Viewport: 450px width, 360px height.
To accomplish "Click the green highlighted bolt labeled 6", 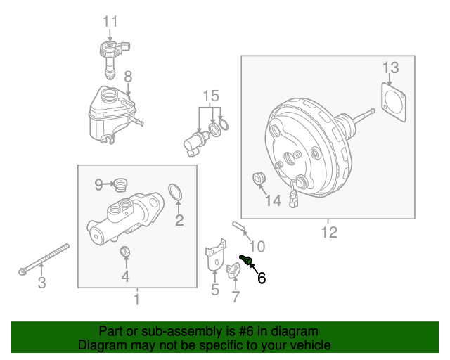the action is pyautogui.click(x=245, y=259).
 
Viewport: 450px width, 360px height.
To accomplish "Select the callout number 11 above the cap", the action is pyautogui.click(x=110, y=22).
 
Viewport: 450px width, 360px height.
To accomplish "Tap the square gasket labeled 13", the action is pyautogui.click(x=394, y=102).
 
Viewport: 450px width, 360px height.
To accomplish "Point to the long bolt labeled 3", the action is pyautogui.click(x=44, y=259).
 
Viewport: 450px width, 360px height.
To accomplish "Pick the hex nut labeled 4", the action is pyautogui.click(x=125, y=252).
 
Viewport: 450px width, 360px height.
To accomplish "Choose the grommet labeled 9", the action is pyautogui.click(x=120, y=185).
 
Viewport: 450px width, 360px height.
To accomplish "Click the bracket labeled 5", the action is pyautogui.click(x=215, y=255).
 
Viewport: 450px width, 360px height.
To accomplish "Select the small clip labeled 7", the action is pyautogui.click(x=233, y=271).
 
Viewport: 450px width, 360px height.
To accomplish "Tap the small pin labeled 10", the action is pyautogui.click(x=238, y=226).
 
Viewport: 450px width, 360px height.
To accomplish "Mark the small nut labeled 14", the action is pyautogui.click(x=259, y=179).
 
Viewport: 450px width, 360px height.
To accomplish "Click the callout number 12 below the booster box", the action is pyautogui.click(x=329, y=232).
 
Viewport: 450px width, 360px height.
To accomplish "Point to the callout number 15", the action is pyautogui.click(x=211, y=96).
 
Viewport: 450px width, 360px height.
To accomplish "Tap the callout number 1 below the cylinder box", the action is pyautogui.click(x=137, y=299).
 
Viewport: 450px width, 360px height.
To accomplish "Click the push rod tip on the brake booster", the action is pyautogui.click(x=373, y=111).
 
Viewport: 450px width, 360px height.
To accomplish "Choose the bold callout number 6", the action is pyautogui.click(x=262, y=278).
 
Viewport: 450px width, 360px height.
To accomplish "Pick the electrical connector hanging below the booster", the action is pyautogui.click(x=294, y=200).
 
